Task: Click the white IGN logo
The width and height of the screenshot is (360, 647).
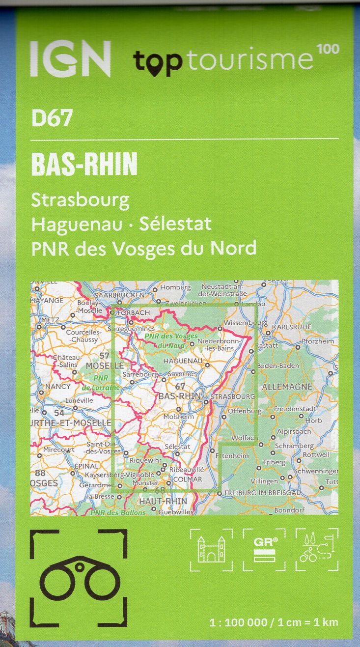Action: [70, 58]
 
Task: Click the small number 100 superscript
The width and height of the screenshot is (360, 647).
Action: [328, 49]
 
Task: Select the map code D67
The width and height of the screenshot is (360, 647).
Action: [52, 118]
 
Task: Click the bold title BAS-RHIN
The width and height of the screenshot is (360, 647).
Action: [84, 164]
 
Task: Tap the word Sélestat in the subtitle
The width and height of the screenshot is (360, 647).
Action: [175, 224]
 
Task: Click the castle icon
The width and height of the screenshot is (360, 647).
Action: [211, 550]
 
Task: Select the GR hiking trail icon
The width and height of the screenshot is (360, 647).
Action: [264, 550]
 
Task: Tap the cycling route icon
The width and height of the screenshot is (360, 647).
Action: [317, 550]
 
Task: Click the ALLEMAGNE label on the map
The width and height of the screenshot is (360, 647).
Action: [287, 387]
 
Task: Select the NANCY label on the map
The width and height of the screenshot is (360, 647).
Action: [58, 386]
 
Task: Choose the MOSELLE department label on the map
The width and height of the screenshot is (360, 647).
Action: [104, 366]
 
